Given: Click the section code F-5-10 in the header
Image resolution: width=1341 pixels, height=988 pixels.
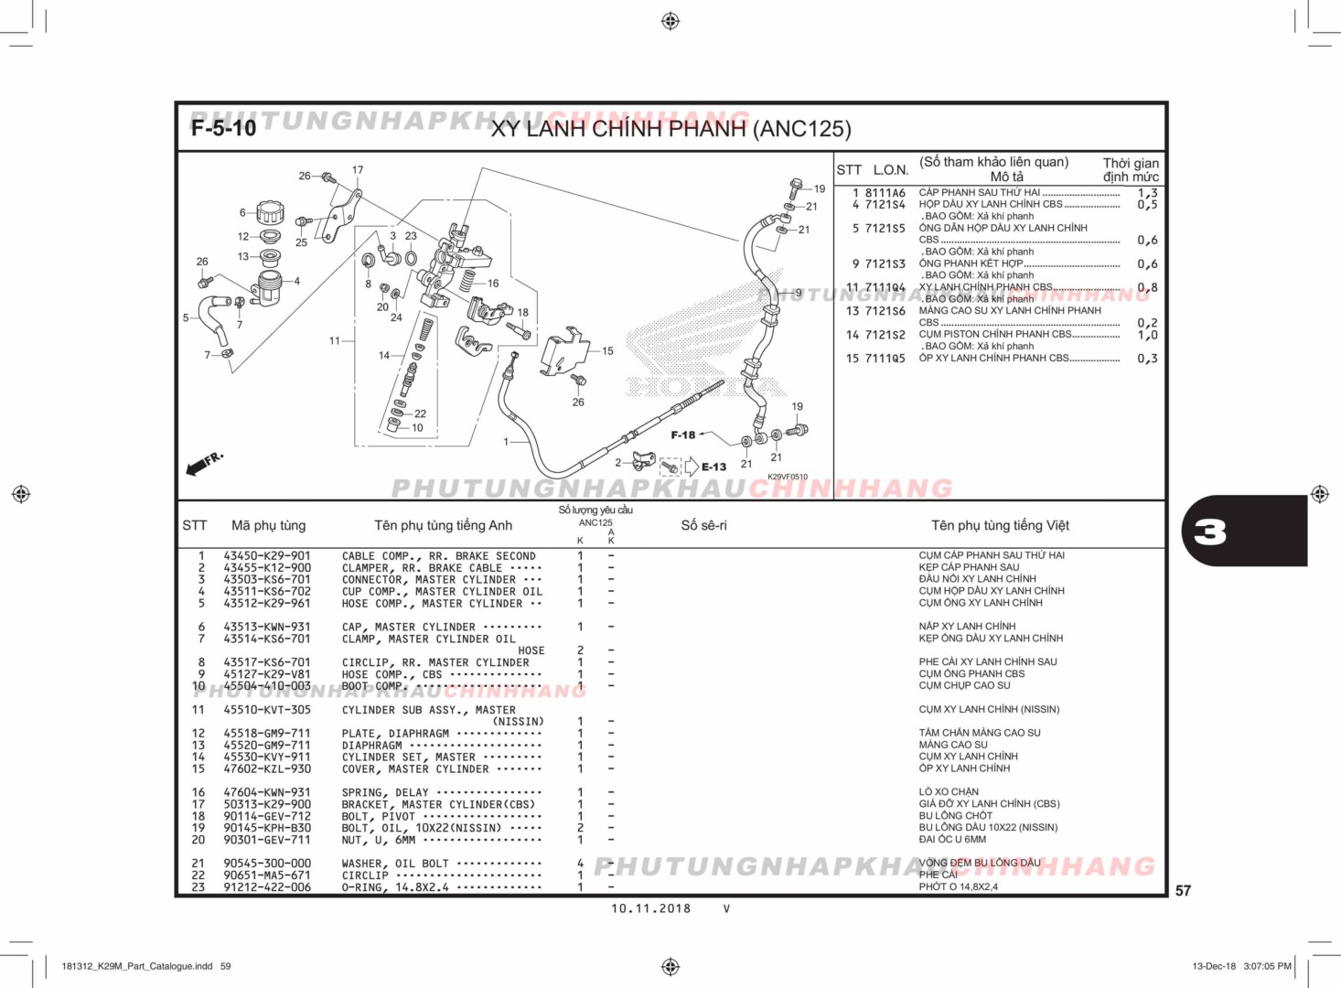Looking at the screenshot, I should (223, 128).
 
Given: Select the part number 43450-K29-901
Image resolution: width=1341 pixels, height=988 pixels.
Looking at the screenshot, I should (267, 555).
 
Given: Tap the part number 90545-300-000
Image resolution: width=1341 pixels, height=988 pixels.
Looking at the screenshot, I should (267, 863).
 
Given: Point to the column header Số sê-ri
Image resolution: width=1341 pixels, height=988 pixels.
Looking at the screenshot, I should (703, 525).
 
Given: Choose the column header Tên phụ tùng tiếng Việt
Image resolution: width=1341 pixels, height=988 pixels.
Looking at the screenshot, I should (1000, 525).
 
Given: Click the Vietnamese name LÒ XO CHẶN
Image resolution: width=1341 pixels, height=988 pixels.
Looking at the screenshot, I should (949, 792).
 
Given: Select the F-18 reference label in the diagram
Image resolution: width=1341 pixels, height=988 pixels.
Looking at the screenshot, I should (682, 435).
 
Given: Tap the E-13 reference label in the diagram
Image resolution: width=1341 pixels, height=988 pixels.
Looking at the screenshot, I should (713, 467).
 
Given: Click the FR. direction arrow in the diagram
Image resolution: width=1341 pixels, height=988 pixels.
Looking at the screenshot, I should (203, 465).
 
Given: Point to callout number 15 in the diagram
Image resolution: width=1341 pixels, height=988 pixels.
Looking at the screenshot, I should (607, 350).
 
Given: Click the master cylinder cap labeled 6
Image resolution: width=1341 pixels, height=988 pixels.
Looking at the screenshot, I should (270, 213).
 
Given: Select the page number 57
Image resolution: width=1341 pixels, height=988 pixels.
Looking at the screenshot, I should (1183, 890).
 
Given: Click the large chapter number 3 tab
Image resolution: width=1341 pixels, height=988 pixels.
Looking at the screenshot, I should (1211, 532).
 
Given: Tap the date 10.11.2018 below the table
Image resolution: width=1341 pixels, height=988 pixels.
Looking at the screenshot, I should (650, 908).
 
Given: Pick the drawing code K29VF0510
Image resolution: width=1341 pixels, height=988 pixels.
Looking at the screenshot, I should (787, 477).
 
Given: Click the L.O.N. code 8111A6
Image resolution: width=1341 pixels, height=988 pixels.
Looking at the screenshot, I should (885, 193).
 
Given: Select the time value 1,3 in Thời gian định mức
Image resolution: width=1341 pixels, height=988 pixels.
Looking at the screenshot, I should (1147, 193).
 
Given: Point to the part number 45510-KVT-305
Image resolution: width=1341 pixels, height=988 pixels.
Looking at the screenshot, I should (267, 709).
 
